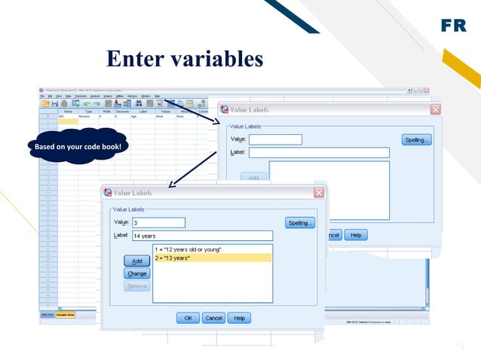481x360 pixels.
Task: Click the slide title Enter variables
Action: [x=185, y=59]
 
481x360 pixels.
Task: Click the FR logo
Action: [x=454, y=26]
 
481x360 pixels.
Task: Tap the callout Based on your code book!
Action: [x=77, y=145]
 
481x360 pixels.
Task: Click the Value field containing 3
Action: [x=158, y=222]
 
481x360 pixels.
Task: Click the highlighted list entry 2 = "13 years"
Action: [x=212, y=258]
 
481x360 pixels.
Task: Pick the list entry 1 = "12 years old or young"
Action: [x=212, y=249]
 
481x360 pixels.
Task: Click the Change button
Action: [x=137, y=273]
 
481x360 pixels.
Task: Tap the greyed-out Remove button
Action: [x=137, y=286]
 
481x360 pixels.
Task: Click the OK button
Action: [x=188, y=318]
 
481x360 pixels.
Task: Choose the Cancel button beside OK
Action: [x=213, y=318]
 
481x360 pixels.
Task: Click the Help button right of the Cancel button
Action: [x=239, y=318]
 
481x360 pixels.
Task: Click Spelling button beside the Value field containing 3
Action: [x=300, y=223]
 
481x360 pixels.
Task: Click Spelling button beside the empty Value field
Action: [x=416, y=139]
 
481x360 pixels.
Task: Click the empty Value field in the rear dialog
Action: [x=275, y=139]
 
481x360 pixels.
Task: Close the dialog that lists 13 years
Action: [x=319, y=193]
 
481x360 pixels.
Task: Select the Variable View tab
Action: [x=65, y=315]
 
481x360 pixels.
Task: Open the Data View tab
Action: [x=47, y=315]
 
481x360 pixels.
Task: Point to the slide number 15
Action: [x=459, y=346]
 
